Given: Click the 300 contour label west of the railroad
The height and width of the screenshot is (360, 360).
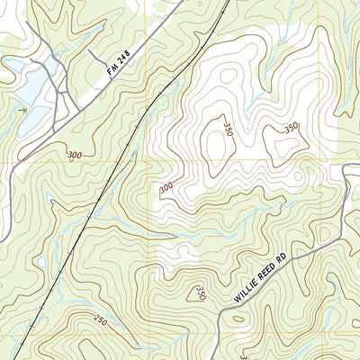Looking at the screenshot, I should pos(74,156).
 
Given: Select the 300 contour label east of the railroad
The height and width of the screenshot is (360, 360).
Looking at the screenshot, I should pos(166,188).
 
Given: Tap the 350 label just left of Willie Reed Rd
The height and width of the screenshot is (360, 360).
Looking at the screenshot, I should pos(200,294).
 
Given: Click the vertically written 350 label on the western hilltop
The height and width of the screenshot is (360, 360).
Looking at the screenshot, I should pos(229,129).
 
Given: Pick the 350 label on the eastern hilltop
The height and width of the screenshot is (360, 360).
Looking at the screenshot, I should pos(291,128).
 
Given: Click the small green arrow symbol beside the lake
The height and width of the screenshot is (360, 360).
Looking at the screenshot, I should pos(22,109).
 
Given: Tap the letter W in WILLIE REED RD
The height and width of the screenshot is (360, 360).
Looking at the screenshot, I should pos(237,299).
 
